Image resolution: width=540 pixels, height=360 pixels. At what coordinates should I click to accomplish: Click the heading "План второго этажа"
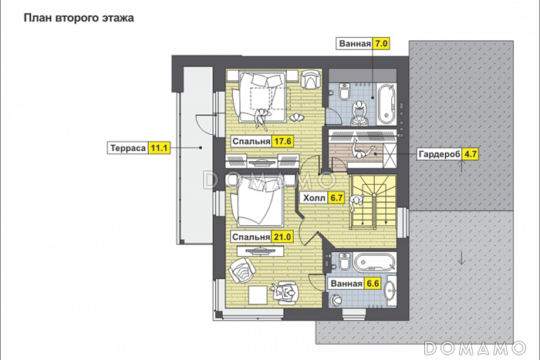click(x=79, y=18)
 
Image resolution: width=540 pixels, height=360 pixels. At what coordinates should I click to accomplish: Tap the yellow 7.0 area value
click(x=381, y=44)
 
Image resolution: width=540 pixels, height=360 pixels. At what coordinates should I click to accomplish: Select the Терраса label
click(x=128, y=148)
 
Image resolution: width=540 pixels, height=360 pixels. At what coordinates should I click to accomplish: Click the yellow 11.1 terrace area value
click(x=159, y=148)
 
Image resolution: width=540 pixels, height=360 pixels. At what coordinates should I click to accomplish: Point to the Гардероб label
click(x=439, y=154)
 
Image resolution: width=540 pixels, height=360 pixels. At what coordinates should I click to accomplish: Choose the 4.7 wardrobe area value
click(x=470, y=154)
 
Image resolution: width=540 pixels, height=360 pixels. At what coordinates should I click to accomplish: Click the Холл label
click(x=314, y=198)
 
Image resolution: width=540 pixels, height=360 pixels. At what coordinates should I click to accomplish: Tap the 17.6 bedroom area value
click(x=283, y=141)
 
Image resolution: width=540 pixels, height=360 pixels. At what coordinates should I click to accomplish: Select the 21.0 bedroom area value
click(x=283, y=237)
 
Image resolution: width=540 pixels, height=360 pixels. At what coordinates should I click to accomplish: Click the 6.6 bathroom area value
click(x=373, y=284)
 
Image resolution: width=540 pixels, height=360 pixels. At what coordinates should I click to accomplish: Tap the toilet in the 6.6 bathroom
click(x=345, y=261)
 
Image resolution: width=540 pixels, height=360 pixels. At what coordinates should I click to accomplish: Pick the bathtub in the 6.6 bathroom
click(x=375, y=263)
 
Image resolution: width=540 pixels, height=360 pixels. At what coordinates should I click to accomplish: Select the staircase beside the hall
click(x=373, y=202)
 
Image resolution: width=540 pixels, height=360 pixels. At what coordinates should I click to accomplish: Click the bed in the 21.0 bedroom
click(x=256, y=203)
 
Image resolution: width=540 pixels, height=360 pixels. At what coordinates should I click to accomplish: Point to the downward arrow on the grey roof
click(x=461, y=258)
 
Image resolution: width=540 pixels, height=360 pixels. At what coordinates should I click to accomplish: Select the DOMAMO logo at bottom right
click(x=475, y=348)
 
